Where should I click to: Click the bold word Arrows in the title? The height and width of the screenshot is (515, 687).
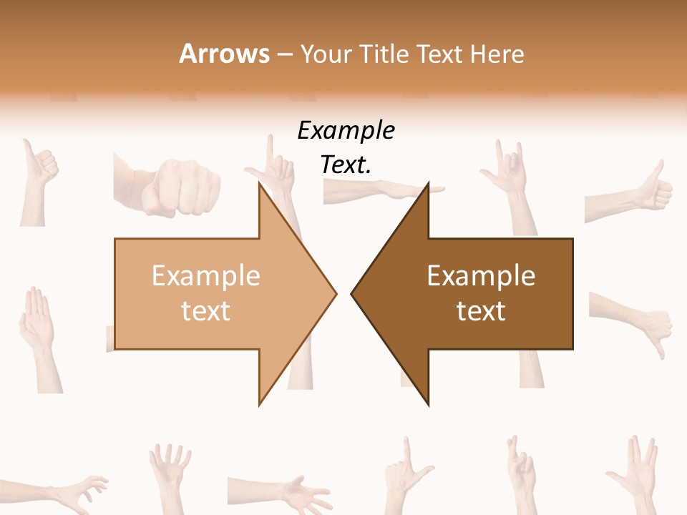tap(224, 54)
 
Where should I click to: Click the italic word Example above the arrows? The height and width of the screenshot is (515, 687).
tap(346, 131)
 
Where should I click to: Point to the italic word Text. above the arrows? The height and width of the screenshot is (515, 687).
tap(346, 165)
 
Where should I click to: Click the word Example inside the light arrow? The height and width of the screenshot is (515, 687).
tap(206, 276)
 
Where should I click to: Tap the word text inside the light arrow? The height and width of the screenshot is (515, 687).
tap(206, 311)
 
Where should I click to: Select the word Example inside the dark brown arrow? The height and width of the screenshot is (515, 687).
tap(481, 276)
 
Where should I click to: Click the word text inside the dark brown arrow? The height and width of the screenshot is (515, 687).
tap(481, 311)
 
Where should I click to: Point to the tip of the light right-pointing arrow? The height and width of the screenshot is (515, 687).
tap(335, 293)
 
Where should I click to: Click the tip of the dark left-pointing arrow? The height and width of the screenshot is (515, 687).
tap(352, 293)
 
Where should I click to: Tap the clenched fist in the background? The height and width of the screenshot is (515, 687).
tap(177, 187)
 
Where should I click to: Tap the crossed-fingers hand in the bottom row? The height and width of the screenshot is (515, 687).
tap(520, 472)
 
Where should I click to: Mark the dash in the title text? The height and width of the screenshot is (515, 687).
tap(284, 55)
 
